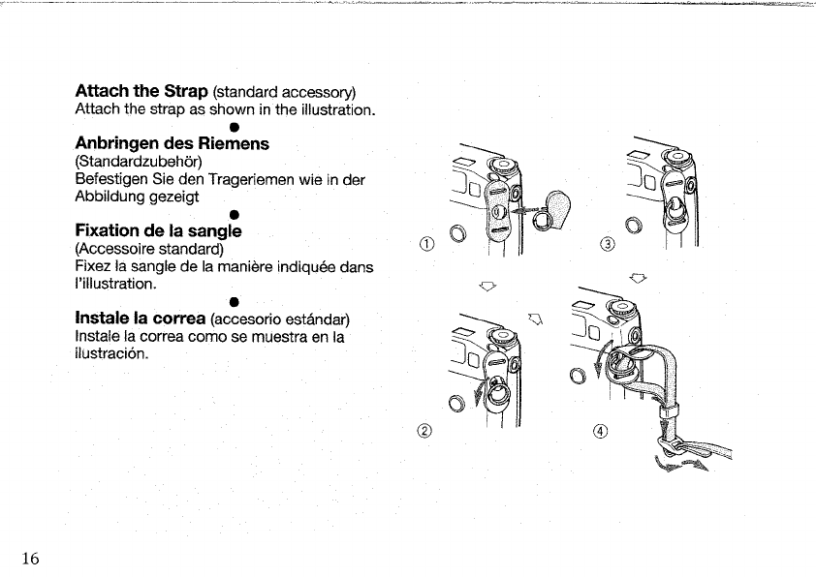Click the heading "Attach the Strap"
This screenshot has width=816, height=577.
[141, 91]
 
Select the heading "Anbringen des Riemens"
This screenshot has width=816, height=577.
[172, 143]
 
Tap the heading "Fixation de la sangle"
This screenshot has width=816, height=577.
[157, 231]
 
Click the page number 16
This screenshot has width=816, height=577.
[29, 558]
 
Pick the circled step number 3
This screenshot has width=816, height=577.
[609, 243]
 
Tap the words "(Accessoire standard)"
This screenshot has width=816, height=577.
[149, 249]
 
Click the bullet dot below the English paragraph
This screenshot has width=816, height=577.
[234, 127]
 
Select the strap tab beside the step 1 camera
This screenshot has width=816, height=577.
[558, 206]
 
